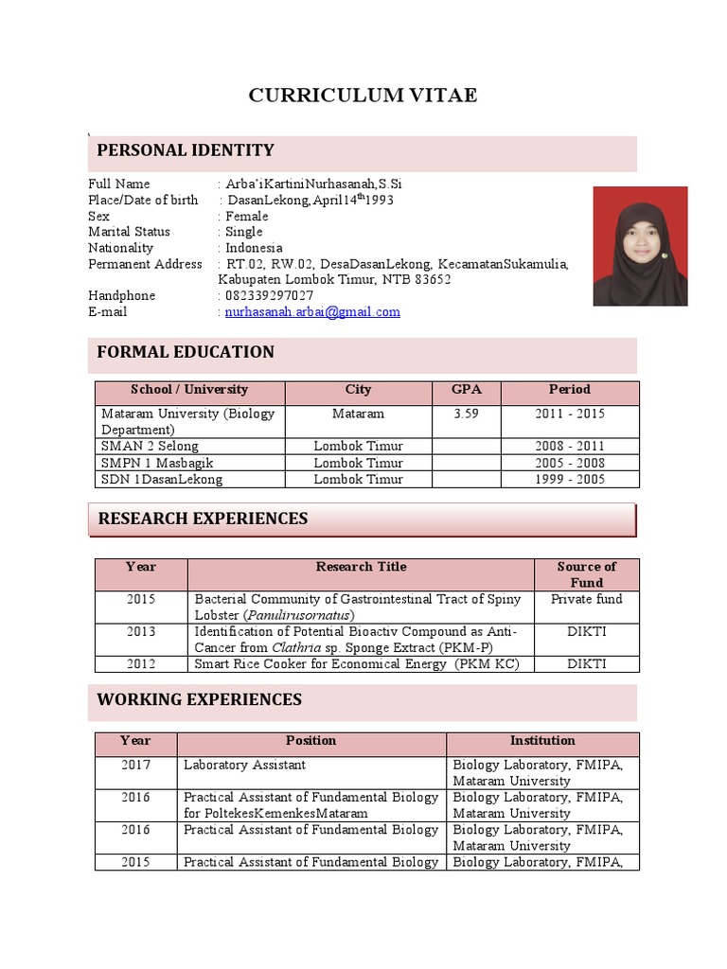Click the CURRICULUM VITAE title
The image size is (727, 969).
tap(363, 95)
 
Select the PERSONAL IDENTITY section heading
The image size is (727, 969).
tap(186, 150)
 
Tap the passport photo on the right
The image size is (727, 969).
tap(640, 246)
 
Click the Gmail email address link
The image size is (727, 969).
tap(312, 311)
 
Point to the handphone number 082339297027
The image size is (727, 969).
tap(269, 295)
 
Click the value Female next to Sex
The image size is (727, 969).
tap(246, 216)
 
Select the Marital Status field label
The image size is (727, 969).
tap(129, 232)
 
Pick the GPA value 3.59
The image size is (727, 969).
tap(466, 414)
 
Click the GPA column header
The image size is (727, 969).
tap(466, 390)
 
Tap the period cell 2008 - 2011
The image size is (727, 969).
tap(570, 446)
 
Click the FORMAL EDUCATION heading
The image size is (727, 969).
tap(186, 352)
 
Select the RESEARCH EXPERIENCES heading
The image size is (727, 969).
tap(203, 519)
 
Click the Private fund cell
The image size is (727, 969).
tap(586, 599)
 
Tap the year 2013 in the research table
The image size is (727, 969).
tap(141, 631)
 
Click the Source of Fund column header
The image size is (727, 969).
tap(586, 574)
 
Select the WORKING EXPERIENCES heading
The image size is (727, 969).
tap(200, 700)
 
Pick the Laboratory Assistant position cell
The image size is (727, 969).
tap(244, 765)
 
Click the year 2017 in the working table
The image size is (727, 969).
tap(135, 765)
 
